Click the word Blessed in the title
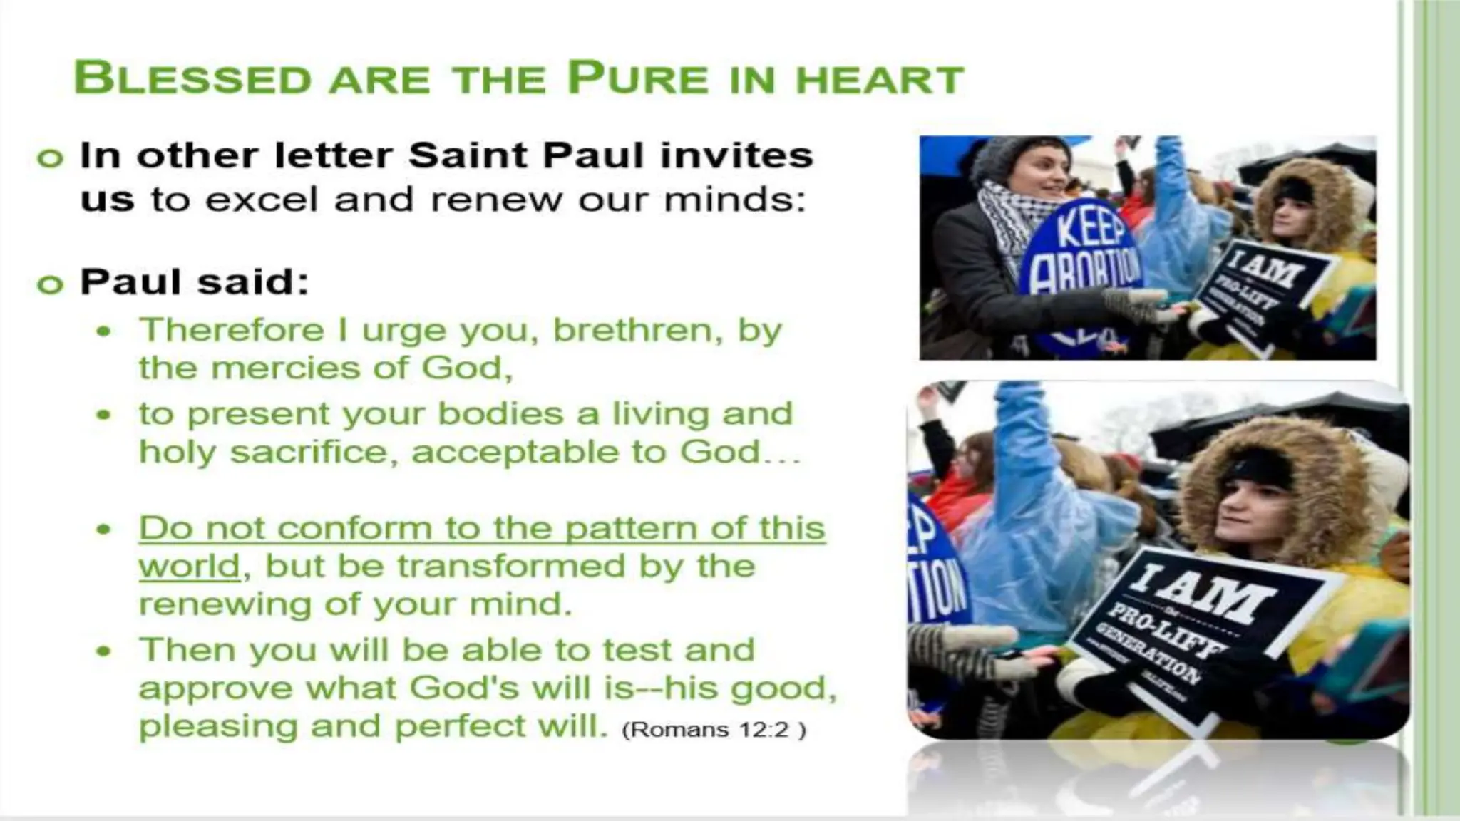point(192,78)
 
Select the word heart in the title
point(880,79)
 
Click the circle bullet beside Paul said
point(50,284)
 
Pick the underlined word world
point(189,567)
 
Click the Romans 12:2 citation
point(714,730)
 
